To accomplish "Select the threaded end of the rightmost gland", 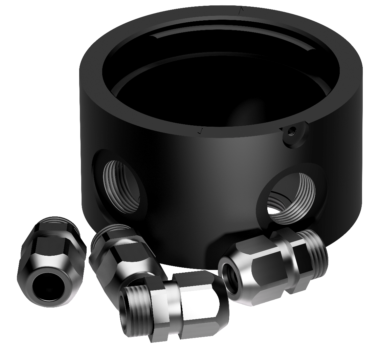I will pos(315,249).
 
